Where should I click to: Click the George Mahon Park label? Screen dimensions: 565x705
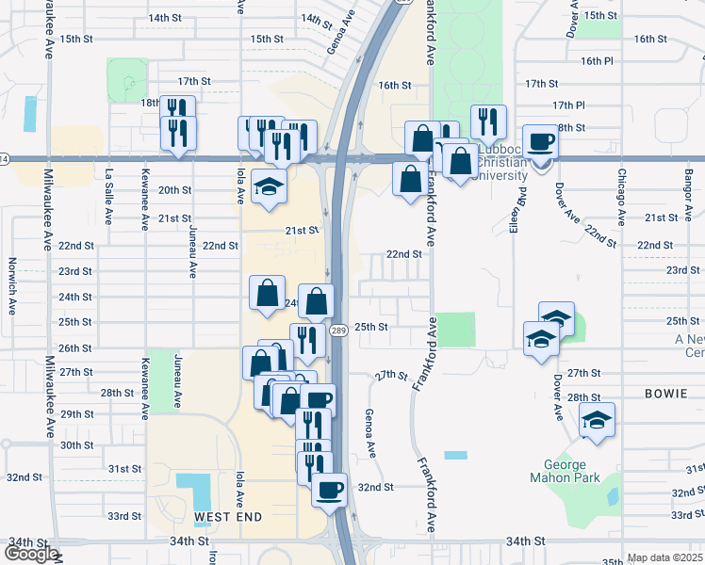click(x=566, y=473)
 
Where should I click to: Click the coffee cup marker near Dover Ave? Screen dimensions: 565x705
click(x=540, y=143)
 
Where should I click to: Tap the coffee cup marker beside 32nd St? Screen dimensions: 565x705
click(x=329, y=491)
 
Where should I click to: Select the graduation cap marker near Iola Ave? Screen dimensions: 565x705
click(x=269, y=187)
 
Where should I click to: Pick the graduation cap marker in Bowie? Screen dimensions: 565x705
click(x=597, y=421)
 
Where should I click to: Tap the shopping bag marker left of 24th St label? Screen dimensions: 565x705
click(x=268, y=291)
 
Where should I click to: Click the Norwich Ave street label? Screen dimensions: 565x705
click(x=11, y=283)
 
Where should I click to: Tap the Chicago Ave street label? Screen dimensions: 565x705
click(x=621, y=198)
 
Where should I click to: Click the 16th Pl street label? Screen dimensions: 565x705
click(x=597, y=60)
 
